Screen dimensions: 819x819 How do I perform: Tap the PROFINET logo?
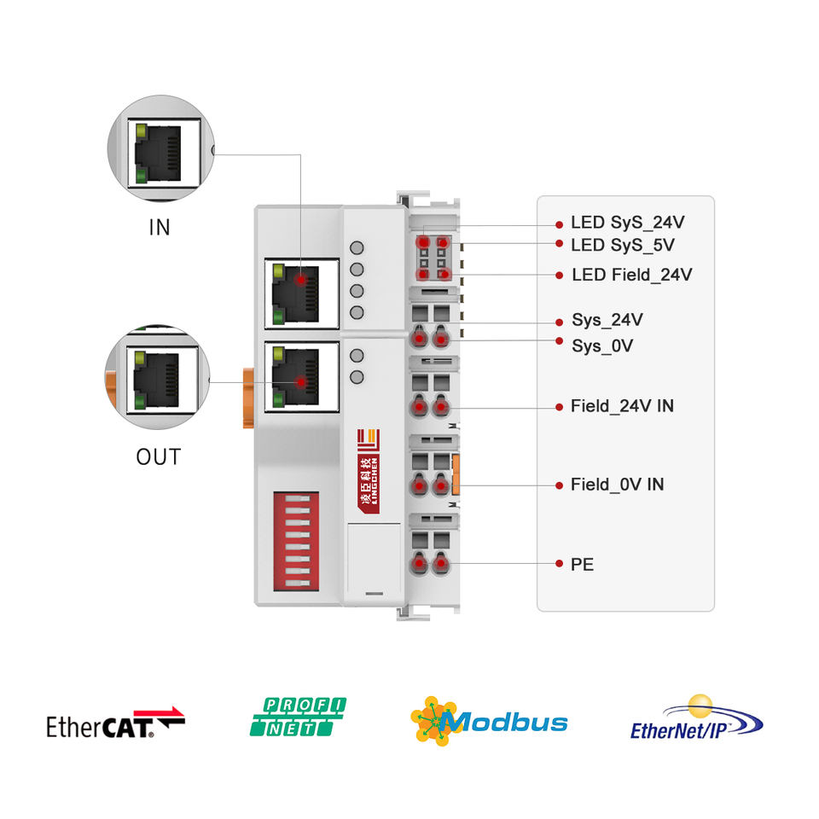(298, 717)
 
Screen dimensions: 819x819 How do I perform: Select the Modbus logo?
(489, 722)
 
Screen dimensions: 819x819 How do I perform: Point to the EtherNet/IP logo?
(696, 719)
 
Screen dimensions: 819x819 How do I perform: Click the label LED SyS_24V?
(627, 224)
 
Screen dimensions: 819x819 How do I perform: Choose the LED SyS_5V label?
(622, 246)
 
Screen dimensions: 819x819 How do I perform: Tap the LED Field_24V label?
(631, 275)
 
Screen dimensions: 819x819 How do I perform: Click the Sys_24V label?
(607, 321)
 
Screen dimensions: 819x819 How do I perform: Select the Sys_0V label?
(601, 346)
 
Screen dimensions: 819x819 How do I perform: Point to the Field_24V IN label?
(621, 406)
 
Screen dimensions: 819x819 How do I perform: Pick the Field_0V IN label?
(617, 485)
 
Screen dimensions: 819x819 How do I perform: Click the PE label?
(582, 564)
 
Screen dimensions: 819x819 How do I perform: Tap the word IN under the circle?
(160, 228)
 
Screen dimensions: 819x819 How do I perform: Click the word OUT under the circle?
(159, 456)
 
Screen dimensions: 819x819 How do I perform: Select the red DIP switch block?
(295, 542)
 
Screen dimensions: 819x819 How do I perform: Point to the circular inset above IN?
(160, 148)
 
